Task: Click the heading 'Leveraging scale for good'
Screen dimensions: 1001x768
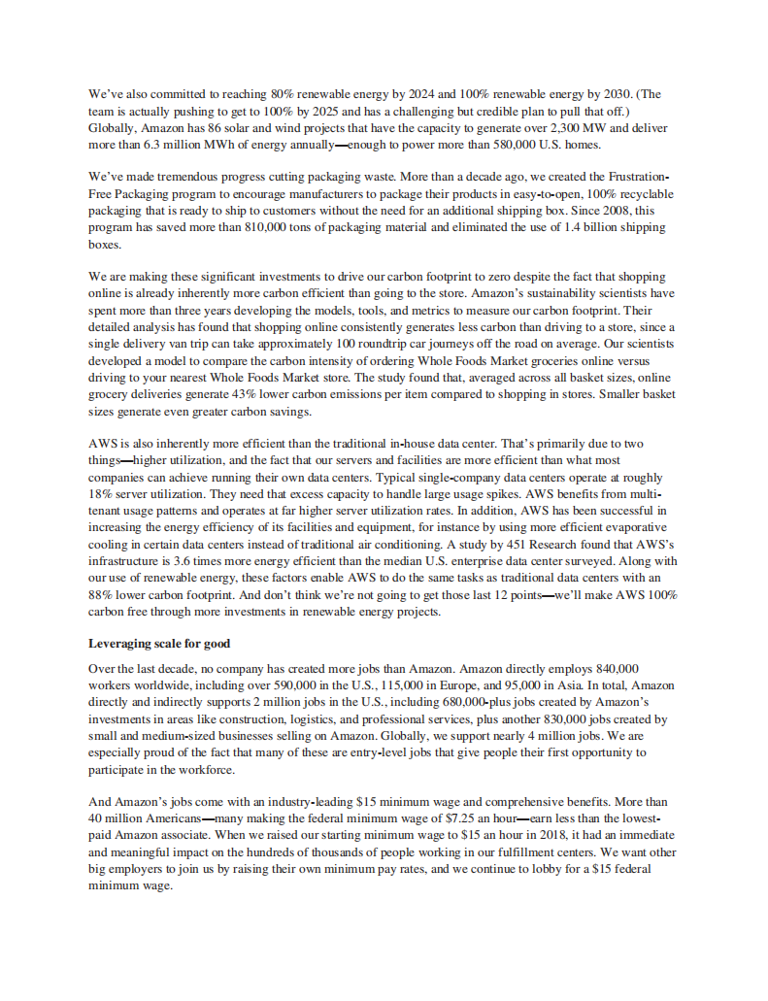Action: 159,643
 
